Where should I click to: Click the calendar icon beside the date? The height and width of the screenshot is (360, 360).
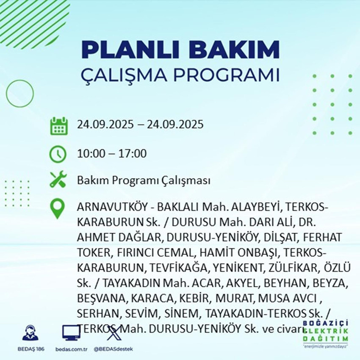coord(58,126)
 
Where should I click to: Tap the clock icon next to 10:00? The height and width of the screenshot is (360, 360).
coord(58,153)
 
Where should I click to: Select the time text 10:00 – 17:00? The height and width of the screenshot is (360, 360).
coord(112,153)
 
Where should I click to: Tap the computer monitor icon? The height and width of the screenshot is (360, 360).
coord(71,332)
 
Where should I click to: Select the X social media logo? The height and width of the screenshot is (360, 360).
coord(113,332)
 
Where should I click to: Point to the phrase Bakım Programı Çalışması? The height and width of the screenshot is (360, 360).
coord(144,181)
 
